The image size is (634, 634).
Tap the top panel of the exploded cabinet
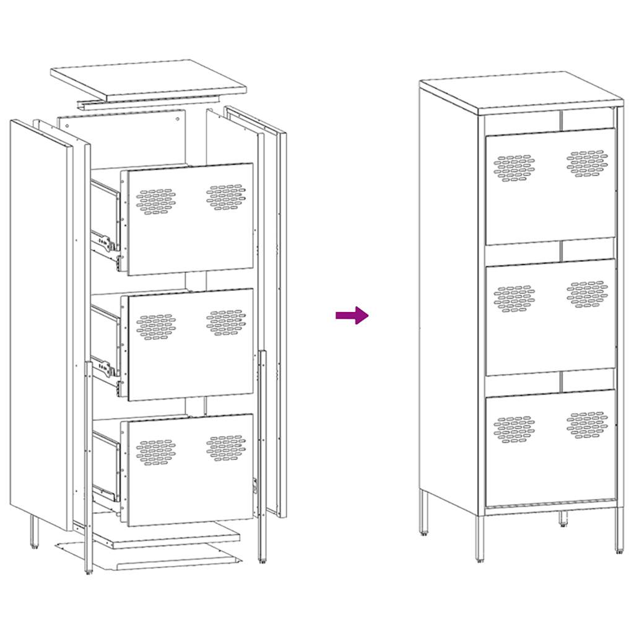149,79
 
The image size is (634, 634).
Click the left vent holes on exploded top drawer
156,202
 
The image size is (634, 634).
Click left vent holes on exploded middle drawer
156,327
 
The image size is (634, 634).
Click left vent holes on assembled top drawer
515,168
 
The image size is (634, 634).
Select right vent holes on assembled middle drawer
587,294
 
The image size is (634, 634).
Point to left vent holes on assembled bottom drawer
515,429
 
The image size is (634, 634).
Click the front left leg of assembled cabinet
480,539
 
